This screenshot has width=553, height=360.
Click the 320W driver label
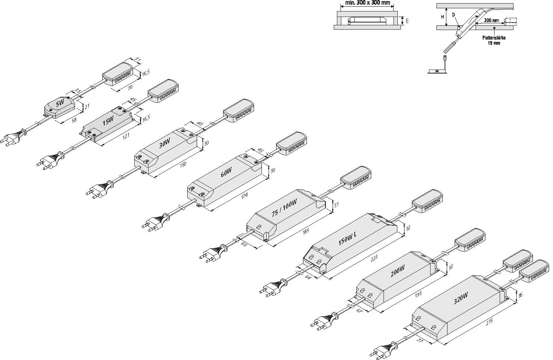point(461,296)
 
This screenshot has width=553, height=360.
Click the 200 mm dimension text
point(491,20)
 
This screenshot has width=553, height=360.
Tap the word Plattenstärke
point(494,38)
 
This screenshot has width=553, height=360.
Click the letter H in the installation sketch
point(442,17)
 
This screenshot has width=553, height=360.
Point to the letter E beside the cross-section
point(407,21)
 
